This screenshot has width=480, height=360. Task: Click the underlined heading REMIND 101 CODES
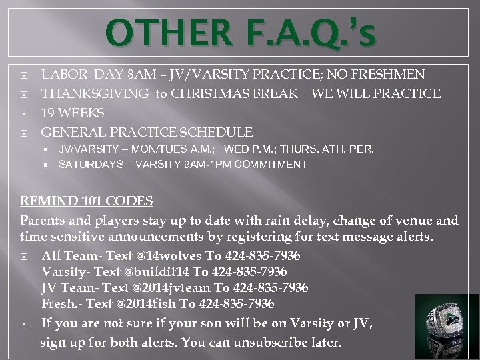(87, 201)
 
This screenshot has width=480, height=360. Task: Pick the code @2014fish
(147, 304)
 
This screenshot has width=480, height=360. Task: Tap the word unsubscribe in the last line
(272, 343)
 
